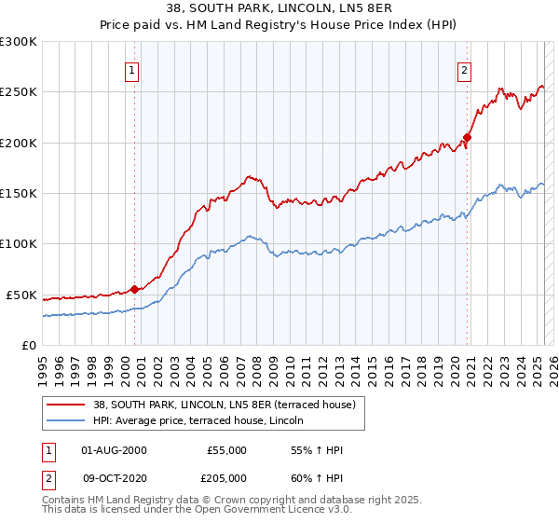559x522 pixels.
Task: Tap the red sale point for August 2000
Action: coord(134,289)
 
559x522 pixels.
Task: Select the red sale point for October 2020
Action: coord(468,138)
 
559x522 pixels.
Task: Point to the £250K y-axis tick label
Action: coord(19,92)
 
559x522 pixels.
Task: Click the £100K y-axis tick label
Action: coord(19,244)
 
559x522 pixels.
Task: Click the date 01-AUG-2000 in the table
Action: coord(115,450)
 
